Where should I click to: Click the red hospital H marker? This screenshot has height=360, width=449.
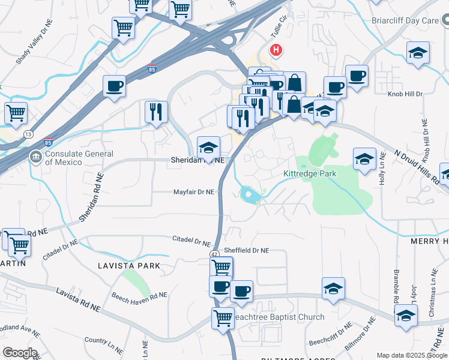pos(276,50)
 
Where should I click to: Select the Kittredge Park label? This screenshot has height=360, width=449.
pos(310,173)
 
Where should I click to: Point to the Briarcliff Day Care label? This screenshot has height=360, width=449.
pos(405,20)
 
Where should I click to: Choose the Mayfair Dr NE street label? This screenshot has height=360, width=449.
pos(193,192)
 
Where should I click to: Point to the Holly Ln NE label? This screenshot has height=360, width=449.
pos(382,176)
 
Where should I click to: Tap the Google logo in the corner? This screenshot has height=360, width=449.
pos(20,353)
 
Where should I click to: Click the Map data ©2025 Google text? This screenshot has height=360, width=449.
pos(411,355)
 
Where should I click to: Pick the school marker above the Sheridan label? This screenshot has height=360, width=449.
pos(208,147)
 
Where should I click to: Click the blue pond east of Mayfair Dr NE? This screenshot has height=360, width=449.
pos(250,194)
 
